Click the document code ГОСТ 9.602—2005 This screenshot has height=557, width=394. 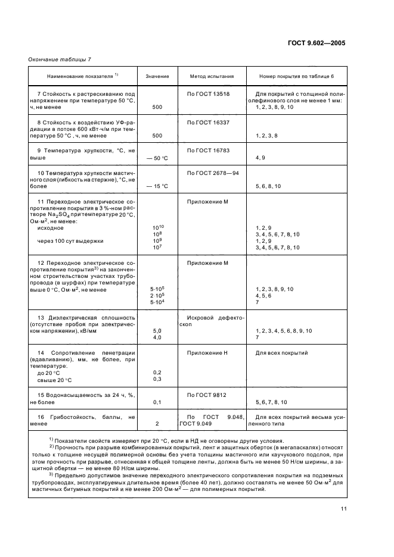click(x=316, y=43)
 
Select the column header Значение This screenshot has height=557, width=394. click(x=157, y=77)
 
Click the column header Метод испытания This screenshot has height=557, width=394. click(x=212, y=77)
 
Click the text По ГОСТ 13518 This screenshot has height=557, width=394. click(x=209, y=94)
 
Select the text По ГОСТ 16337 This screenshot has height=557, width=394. click(x=209, y=122)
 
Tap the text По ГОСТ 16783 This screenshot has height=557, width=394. click(x=209, y=150)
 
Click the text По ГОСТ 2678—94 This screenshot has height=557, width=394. click(x=212, y=173)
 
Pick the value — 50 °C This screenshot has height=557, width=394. click(x=157, y=158)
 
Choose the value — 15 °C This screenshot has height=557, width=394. click(x=157, y=186)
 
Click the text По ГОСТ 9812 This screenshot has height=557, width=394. click(x=207, y=395)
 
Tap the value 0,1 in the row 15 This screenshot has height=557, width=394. click(x=157, y=402)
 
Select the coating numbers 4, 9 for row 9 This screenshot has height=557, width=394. click(x=260, y=158)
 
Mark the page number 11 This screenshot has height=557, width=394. click(x=344, y=508)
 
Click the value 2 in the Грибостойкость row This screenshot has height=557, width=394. click(x=157, y=424)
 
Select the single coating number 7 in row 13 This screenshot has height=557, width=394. click(x=257, y=337)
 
